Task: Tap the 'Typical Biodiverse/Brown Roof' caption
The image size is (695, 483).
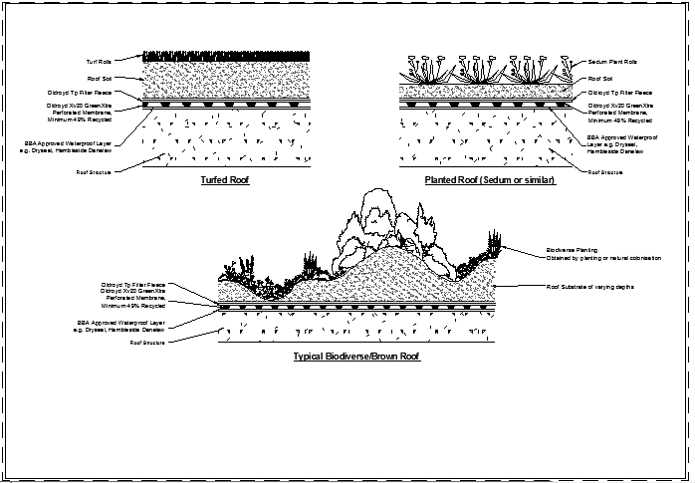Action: (356, 356)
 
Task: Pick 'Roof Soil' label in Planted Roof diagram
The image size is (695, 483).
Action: (600, 77)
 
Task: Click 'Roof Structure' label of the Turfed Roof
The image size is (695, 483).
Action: (102, 171)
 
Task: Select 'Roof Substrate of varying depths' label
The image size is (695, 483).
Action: (591, 286)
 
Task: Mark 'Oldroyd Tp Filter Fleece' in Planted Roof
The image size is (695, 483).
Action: (620, 93)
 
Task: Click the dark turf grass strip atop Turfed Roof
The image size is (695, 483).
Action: (229, 54)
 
